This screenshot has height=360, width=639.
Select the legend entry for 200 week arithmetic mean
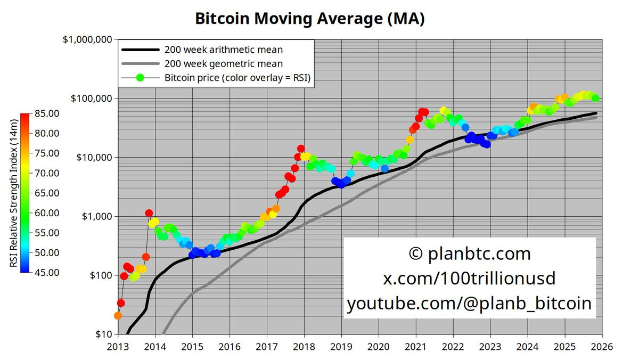(x=224, y=50)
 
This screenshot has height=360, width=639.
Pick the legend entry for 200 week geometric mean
(x=224, y=64)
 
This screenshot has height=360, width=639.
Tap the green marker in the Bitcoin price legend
(x=141, y=78)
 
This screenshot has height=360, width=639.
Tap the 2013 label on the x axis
(x=118, y=347)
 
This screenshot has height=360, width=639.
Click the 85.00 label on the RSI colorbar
(x=46, y=113)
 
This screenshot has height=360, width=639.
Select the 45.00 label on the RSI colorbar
(x=46, y=273)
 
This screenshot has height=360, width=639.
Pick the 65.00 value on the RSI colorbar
(x=46, y=193)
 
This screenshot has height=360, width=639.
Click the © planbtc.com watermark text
(x=469, y=253)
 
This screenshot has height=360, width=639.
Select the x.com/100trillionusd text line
(x=469, y=278)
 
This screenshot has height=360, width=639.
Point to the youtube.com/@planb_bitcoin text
(x=469, y=303)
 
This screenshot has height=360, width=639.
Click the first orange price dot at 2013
(x=118, y=316)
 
